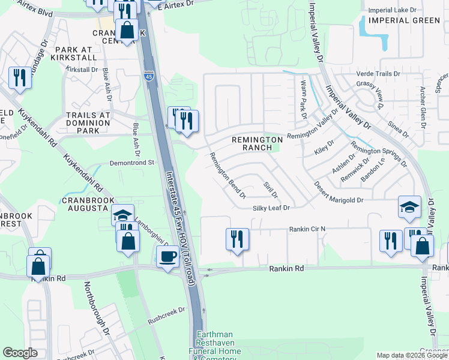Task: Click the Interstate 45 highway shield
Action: click(x=148, y=76)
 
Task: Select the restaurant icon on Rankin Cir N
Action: click(x=237, y=239)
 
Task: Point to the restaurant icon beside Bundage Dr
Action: click(x=20, y=78)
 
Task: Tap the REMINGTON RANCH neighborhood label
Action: click(x=257, y=143)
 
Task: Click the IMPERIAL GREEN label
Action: click(x=405, y=20)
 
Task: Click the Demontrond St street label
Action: click(x=132, y=163)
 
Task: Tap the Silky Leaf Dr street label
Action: click(x=271, y=208)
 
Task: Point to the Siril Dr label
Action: click(x=271, y=189)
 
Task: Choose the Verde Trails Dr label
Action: click(x=382, y=73)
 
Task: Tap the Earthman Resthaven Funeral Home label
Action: click(x=221, y=346)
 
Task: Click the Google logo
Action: click(x=20, y=353)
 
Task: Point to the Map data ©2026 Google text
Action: click(x=412, y=355)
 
